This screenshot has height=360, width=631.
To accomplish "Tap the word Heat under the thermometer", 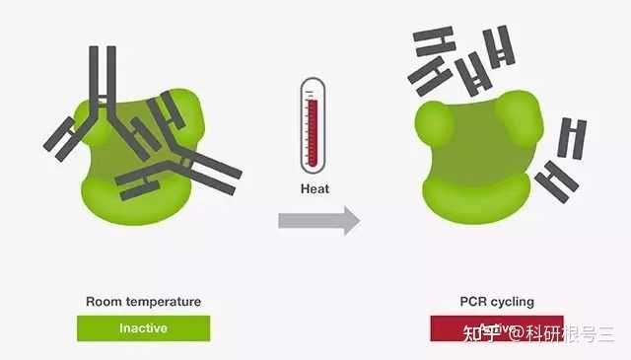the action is click(315, 188).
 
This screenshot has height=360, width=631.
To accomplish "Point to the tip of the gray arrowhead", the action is click(359, 221).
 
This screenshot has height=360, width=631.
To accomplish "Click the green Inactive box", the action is click(144, 328).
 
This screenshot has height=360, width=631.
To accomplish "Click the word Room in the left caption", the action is click(103, 302).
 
